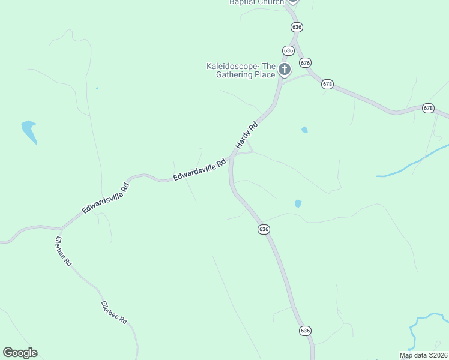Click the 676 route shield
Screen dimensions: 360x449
tap(306, 63)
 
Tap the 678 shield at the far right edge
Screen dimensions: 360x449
tap(427, 108)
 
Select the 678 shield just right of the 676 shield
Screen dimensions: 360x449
tap(327, 84)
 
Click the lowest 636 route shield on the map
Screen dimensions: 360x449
tap(305, 331)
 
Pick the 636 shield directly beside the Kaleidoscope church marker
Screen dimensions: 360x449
tap(289, 50)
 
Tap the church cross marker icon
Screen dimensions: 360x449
tap(285, 70)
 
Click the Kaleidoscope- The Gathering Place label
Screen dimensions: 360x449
tap(241, 70)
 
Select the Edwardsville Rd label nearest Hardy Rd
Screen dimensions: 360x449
tap(199, 170)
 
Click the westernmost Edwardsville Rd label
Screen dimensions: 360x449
tap(106, 198)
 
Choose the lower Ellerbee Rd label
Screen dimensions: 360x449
tap(114, 312)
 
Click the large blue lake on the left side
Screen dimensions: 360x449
tap(29, 131)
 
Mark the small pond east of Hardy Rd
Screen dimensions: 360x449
tap(304, 130)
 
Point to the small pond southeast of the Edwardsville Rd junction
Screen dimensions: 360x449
tap(298, 204)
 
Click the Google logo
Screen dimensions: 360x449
tap(20, 353)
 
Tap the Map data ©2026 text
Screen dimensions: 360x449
tap(423, 355)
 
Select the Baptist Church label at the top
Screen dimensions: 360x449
tap(256, 2)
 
